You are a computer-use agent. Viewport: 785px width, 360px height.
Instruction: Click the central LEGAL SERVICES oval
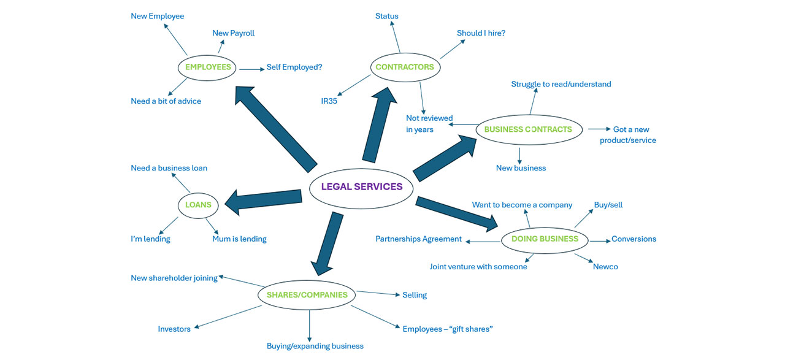pos(361,187)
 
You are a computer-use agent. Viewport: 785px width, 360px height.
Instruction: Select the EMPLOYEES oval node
pos(208,67)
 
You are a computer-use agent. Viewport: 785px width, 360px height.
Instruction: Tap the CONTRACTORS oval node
pos(404,67)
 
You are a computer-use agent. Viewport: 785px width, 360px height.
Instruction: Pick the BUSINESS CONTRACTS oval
pos(528,129)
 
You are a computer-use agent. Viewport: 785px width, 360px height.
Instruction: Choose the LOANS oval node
pos(198,205)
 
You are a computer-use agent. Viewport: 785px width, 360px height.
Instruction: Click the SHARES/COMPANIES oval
pos(307,295)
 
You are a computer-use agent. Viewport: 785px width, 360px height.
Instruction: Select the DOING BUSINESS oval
pos(545,239)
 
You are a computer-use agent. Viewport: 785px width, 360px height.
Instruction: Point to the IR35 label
pos(329,101)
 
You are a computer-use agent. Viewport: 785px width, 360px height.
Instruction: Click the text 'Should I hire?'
pos(481,33)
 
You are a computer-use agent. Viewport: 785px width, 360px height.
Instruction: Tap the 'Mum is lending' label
pos(239,239)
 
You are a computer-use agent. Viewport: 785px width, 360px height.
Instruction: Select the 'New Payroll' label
pos(233,33)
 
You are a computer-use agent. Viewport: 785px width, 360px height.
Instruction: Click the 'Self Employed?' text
pos(294,67)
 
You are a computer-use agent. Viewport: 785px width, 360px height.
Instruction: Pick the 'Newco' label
pos(605,267)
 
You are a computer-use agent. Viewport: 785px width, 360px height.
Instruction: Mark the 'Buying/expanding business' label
pos(315,346)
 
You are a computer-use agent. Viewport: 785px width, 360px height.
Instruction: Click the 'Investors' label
pos(174,329)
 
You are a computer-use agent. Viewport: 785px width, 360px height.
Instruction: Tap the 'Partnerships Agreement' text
pos(418,239)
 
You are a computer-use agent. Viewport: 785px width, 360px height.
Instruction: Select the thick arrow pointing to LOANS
pos(264,200)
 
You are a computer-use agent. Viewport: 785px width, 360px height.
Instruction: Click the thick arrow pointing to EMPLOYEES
pos(275,129)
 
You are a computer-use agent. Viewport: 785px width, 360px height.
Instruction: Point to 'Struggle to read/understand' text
pos(561,84)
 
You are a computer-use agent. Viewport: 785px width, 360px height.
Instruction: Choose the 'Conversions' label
pos(634,239)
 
